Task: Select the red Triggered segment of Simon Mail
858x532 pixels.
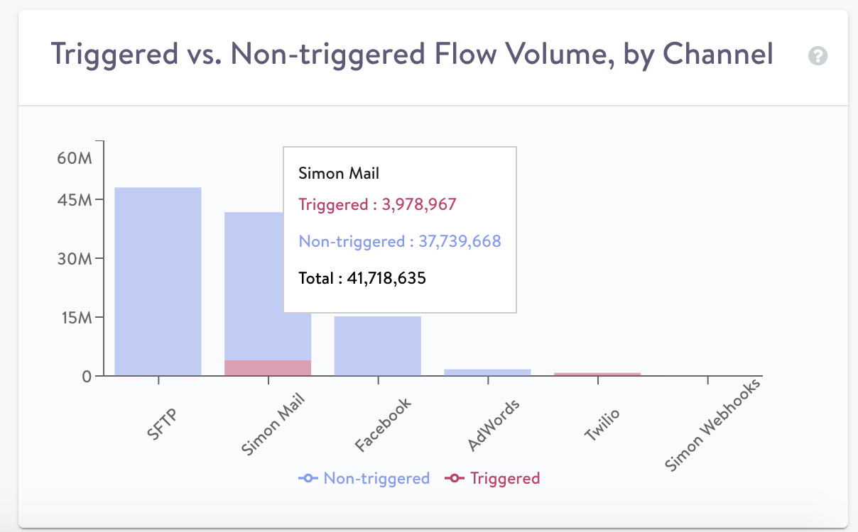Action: coord(268,367)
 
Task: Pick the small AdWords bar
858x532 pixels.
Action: coord(487,372)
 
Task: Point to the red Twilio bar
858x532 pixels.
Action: coord(597,374)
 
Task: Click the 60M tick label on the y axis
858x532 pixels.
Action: coord(75,157)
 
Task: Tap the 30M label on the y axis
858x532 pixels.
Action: coord(75,258)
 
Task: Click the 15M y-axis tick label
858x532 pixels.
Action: coord(75,317)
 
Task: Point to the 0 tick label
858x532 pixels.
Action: coord(87,376)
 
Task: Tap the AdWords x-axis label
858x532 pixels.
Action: coord(494,426)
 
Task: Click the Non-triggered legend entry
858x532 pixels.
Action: coord(364,478)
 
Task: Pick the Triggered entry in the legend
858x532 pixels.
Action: coord(493,478)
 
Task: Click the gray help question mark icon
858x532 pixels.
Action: coord(818,56)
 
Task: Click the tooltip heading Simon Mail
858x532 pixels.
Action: coord(339,173)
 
